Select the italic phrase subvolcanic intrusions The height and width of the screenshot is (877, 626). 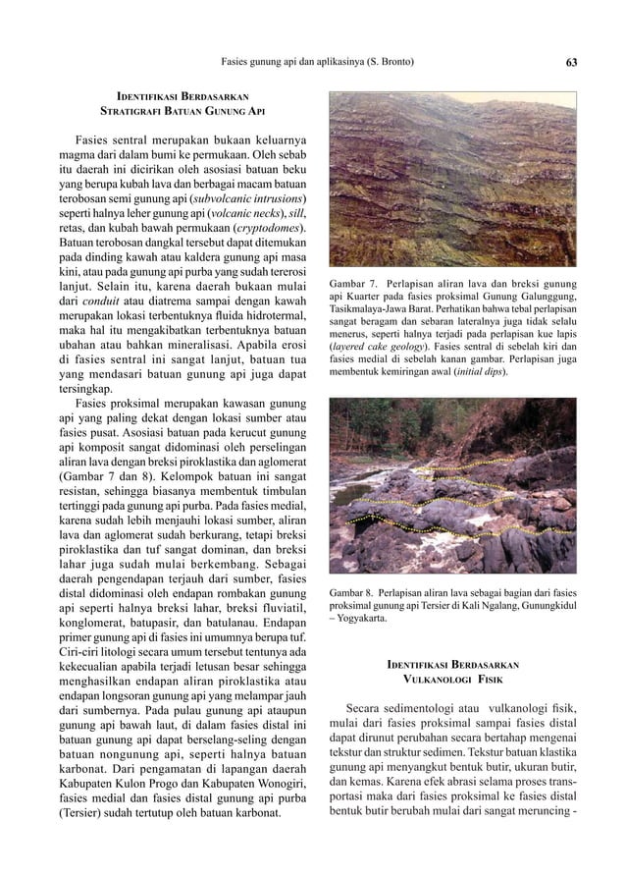[244, 197]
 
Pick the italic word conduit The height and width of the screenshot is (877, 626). [104, 301]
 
